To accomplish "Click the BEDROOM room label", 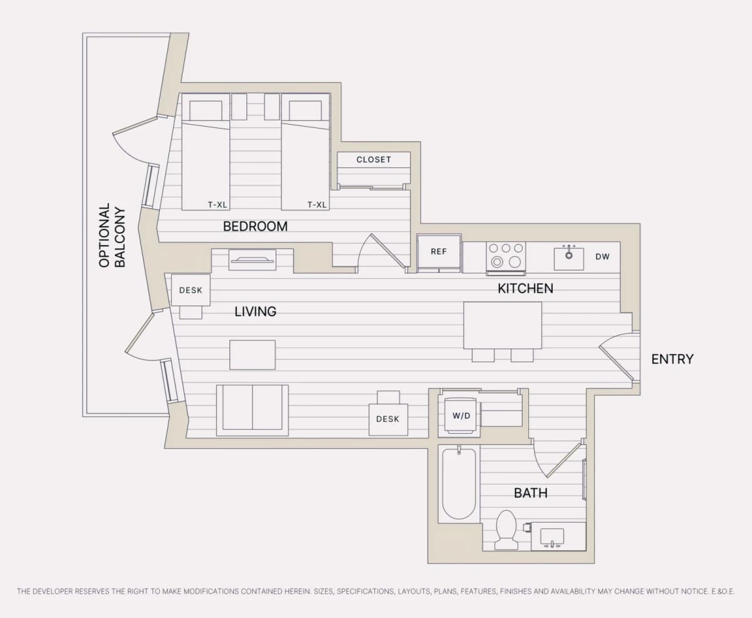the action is tap(255, 226).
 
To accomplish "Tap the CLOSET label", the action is tap(373, 159).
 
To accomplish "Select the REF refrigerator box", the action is tap(439, 253).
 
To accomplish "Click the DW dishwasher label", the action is tap(602, 256).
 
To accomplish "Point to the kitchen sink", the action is tap(569, 258).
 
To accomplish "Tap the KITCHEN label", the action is tap(526, 288).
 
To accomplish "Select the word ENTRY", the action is tap(672, 359).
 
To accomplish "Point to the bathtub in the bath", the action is tap(459, 484).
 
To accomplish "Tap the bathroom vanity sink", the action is tap(552, 538).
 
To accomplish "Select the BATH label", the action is tap(531, 493).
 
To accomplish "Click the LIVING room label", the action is tap(255, 312).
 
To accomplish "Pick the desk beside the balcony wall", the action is tap(191, 290).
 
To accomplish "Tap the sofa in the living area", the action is tap(253, 410).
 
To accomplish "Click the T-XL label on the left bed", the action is tap(217, 205).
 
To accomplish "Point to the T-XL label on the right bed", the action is tap(317, 205).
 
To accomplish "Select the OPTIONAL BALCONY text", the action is tap(112, 236).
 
